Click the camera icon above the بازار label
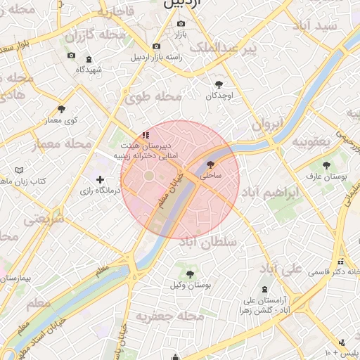[181, 24]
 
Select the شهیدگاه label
[89, 70]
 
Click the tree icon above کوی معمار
[62, 109]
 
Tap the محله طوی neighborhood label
[153, 97]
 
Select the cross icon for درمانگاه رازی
[101, 180]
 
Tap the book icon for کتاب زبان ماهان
[20, 171]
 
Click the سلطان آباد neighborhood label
[209, 242]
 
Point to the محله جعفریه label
[170, 316]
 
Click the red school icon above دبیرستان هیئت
[146, 134]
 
